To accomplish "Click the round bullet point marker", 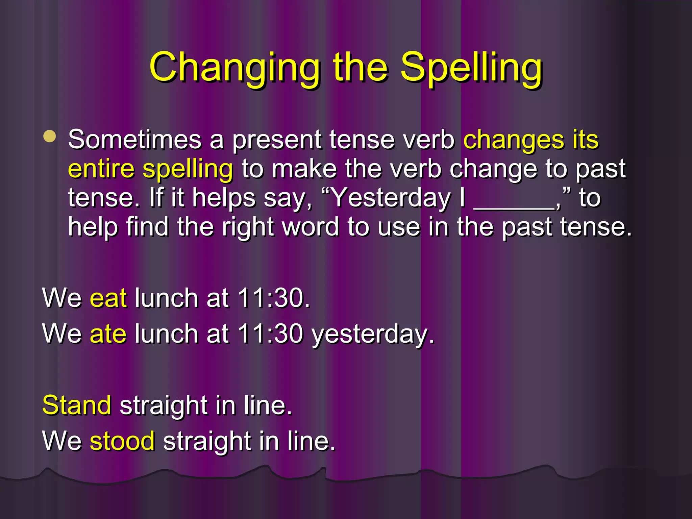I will pos(50,137).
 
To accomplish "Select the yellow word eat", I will pos(108,298).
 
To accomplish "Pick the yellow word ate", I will pos(108,334).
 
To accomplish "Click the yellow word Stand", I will pos(77,405).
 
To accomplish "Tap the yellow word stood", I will pos(122,441).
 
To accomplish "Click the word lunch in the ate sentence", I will pos(166,334).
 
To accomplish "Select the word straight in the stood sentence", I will pos(207,441).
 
